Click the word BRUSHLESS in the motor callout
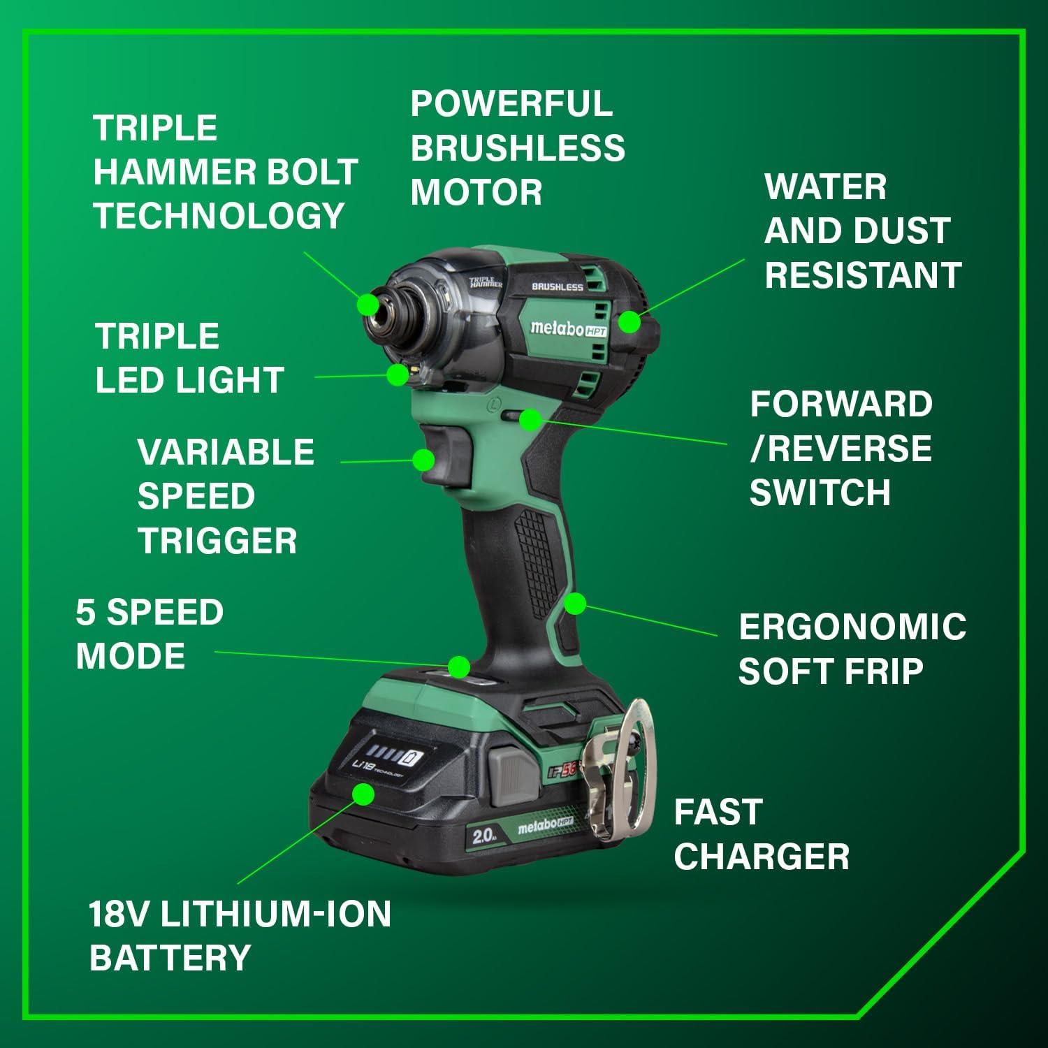click(517, 148)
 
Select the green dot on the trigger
click(423, 460)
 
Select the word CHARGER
click(762, 857)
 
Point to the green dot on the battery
click(363, 794)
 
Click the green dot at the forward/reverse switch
click(530, 419)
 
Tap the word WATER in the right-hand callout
click(825, 187)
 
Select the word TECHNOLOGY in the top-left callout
click(219, 215)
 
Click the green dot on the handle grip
click(574, 604)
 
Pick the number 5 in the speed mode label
click(85, 612)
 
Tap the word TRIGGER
click(217, 541)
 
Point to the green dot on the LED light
click(398, 374)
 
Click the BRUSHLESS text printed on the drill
click(557, 286)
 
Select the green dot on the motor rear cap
click(629, 322)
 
